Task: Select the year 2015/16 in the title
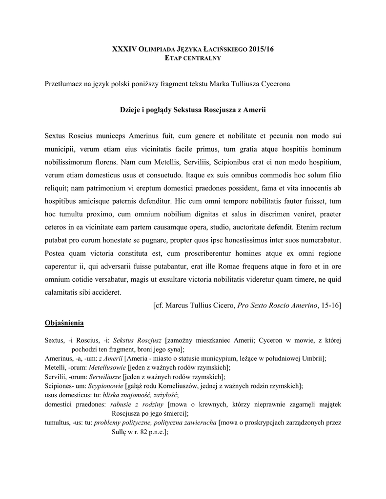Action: coord(261,50)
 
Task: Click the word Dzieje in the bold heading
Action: coord(131,111)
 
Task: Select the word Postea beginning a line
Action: coord(56,253)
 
